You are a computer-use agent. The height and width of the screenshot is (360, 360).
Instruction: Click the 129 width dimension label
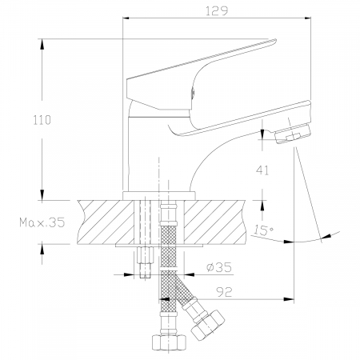coord(217,11)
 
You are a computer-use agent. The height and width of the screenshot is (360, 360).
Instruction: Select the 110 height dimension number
coord(42,120)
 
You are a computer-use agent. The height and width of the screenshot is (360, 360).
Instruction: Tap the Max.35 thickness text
coord(42,222)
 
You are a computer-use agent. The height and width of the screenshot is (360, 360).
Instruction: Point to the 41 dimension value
coord(262,170)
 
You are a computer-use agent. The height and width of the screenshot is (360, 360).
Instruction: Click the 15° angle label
coord(263,230)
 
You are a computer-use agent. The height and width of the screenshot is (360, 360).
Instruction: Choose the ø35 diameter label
coord(219,267)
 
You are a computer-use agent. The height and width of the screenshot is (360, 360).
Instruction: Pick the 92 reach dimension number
coord(224,292)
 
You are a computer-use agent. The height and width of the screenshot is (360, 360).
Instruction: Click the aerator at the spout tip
coord(293,134)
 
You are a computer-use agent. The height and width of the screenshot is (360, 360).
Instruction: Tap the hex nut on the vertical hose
coord(169,342)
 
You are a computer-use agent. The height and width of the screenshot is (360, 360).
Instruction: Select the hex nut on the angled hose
coord(207,325)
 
